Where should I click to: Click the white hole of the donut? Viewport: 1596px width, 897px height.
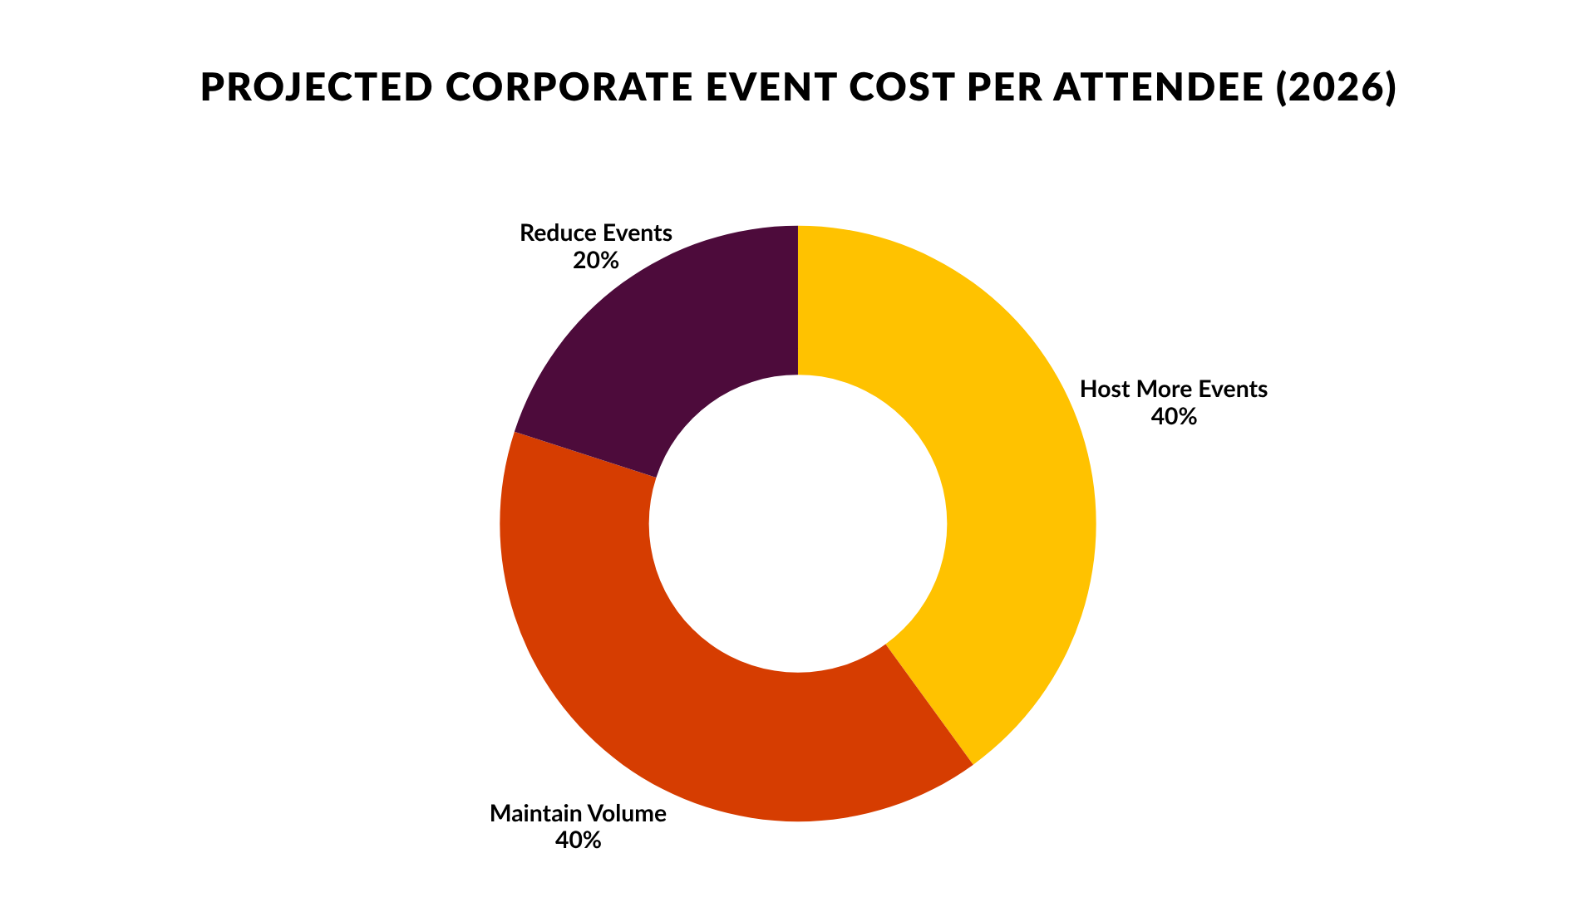798,523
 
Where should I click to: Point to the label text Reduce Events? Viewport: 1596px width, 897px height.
596,233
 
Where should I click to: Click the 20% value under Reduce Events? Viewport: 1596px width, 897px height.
596,261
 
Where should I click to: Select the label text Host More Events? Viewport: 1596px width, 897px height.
1174,390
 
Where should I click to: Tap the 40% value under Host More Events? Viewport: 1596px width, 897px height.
1174,417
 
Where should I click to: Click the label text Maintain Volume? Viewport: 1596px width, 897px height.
578,813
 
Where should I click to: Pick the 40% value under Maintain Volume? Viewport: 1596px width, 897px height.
578,841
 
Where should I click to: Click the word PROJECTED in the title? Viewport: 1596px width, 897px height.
317,87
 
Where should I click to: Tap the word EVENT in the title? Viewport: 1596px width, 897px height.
771,87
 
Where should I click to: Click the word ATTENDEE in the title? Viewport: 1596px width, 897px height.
1158,87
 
